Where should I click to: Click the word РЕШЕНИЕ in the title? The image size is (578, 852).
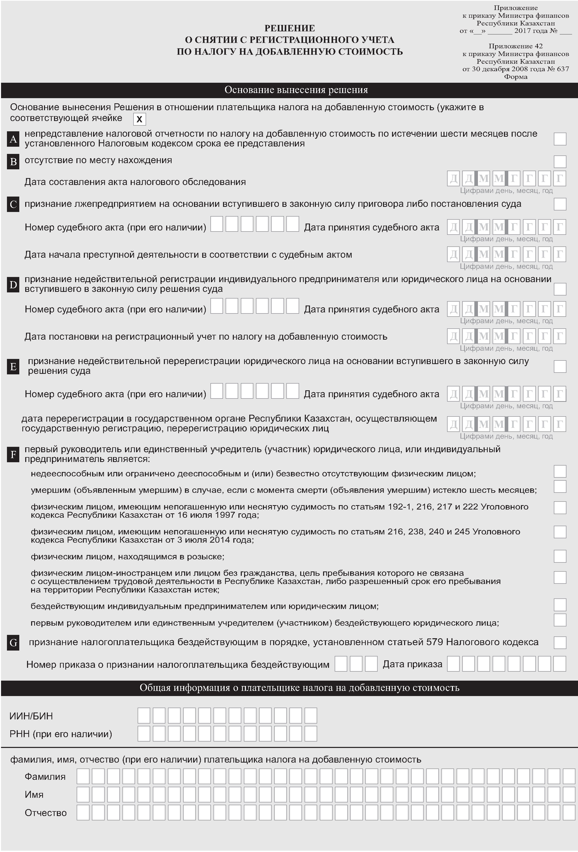click(290, 28)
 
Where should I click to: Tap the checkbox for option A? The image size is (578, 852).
click(560, 139)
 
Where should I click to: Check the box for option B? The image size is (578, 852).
click(560, 161)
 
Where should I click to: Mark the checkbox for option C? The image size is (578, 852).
click(560, 204)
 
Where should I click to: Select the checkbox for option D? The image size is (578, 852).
click(560, 289)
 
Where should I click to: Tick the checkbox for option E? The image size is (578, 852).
click(560, 366)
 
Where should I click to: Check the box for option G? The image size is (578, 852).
click(560, 642)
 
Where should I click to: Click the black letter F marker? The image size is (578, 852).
click(13, 455)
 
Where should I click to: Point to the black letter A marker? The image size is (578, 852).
click(13, 139)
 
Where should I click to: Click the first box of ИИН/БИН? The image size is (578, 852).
click(144, 716)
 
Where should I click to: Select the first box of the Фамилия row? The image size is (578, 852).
click(83, 777)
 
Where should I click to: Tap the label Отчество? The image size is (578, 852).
click(46, 813)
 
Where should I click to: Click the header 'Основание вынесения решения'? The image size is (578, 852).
click(296, 90)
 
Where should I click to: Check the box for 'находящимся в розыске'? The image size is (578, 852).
click(560, 556)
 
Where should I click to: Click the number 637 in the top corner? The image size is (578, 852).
click(563, 69)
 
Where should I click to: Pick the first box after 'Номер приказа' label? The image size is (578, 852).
click(341, 664)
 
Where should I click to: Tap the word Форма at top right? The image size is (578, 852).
click(515, 77)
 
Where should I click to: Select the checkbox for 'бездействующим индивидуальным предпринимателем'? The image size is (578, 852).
click(560, 605)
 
